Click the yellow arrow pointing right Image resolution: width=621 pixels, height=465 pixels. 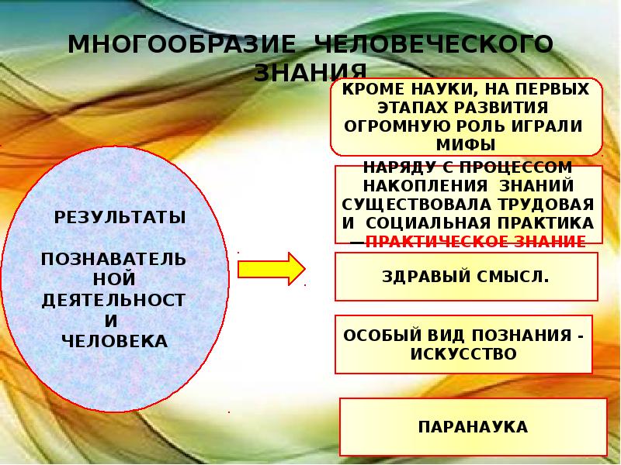click(x=271, y=269)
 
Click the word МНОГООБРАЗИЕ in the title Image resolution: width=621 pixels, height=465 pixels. click(x=180, y=44)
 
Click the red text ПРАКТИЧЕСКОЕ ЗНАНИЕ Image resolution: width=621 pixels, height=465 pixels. click(x=475, y=241)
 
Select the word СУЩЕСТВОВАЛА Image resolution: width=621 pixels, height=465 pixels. click(x=416, y=204)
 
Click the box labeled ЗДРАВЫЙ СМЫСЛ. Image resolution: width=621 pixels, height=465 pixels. click(x=467, y=277)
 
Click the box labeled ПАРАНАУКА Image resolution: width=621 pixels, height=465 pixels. click(x=473, y=427)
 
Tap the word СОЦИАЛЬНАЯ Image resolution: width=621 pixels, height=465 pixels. click(x=425, y=222)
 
